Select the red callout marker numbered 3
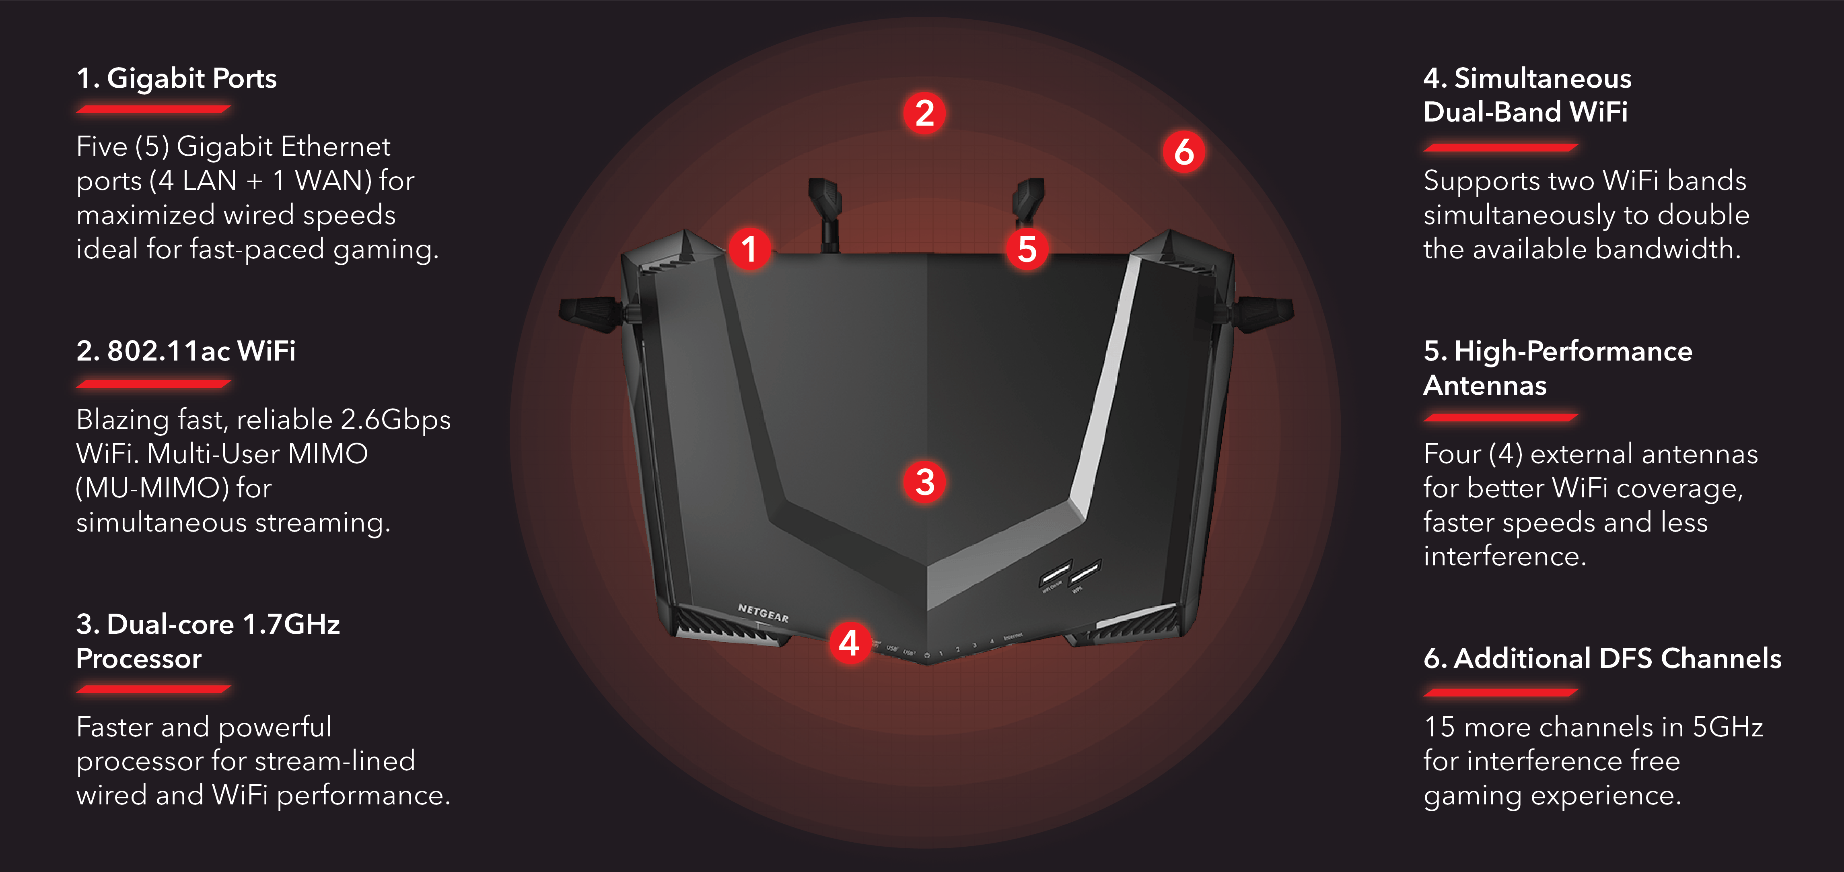[x=925, y=482]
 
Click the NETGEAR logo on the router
[x=763, y=613]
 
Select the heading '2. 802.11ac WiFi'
[x=185, y=351]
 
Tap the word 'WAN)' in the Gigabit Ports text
[x=333, y=180]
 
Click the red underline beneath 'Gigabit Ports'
[x=153, y=109]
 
